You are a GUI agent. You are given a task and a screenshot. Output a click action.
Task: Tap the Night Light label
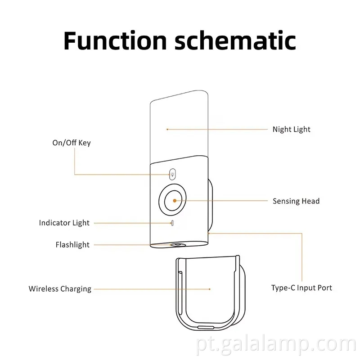291,130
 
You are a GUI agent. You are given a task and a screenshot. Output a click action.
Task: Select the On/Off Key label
72,143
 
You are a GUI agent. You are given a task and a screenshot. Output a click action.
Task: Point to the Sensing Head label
296,201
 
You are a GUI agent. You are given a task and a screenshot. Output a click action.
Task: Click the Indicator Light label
64,223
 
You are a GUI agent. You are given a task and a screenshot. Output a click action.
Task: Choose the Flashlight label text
72,245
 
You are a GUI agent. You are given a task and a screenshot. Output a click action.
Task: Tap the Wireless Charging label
60,289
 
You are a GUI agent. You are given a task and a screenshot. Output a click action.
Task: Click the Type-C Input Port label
301,287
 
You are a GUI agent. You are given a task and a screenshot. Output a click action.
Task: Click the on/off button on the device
172,174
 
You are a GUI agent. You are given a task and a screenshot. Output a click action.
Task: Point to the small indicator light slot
171,222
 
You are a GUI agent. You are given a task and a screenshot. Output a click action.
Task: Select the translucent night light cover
179,126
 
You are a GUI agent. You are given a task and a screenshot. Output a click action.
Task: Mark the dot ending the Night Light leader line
167,130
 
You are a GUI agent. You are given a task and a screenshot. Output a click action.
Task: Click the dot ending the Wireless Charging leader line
210,289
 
